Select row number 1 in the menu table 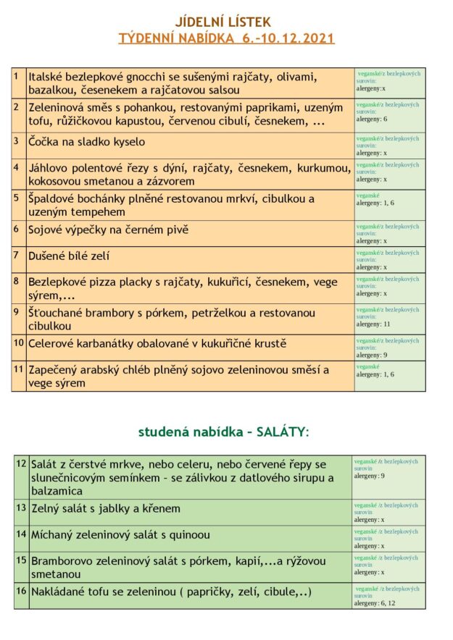pos(16,75)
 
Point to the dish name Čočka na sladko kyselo pos(86,142)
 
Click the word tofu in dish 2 pos(39,121)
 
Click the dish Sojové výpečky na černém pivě pos(108,230)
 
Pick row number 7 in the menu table pos(16,255)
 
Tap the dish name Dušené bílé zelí pos(70,256)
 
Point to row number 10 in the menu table pos(18,342)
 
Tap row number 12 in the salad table pos(20,463)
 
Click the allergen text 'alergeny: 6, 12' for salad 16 pos(375,603)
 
